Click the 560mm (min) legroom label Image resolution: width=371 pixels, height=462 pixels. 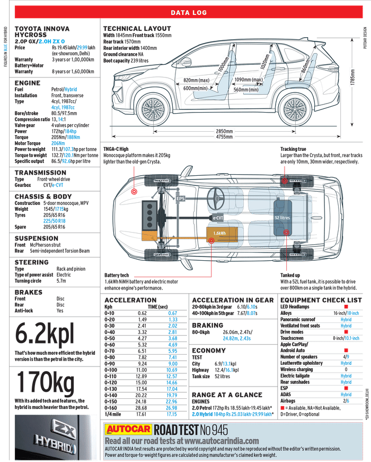pyautogui.click(x=246, y=90)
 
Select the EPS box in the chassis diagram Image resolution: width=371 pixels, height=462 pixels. pyautogui.click(x=181, y=199)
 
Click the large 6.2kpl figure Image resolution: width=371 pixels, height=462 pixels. pyautogui.click(x=45, y=335)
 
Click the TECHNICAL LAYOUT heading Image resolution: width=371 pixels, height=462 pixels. pyautogui.click(x=137, y=29)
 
